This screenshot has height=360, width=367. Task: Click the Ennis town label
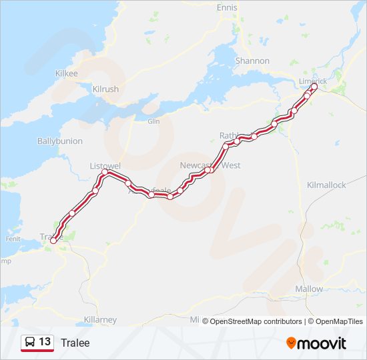point(227,7)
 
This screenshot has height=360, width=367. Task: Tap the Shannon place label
point(252,61)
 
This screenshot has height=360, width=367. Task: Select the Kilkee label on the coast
point(67,73)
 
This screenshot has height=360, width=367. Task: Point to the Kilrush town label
point(105,89)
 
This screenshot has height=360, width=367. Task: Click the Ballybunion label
point(60,141)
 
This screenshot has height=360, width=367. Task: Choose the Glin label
point(154,121)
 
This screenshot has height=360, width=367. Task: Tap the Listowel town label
point(104,165)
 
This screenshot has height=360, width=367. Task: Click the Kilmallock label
point(326,185)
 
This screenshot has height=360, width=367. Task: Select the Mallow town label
point(309,289)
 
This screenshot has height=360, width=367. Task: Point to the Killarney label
point(101,320)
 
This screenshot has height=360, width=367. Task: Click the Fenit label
point(13,239)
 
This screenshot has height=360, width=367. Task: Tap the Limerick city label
point(314,81)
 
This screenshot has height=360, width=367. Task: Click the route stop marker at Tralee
point(53,241)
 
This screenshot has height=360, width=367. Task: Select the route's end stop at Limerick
point(314,87)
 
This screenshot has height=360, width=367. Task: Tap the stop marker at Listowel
point(105,173)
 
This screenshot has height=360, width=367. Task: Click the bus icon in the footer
point(30,343)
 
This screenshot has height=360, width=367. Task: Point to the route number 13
point(45,342)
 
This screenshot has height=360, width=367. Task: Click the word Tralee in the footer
point(75,343)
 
